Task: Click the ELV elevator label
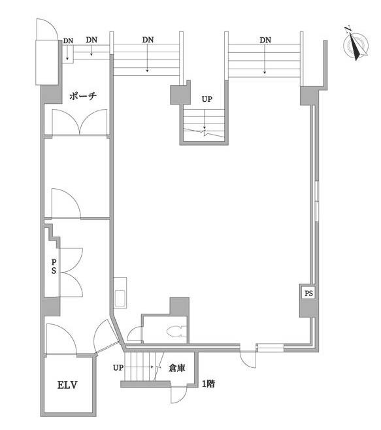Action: tap(67, 385)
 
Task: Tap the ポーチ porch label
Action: tap(83, 96)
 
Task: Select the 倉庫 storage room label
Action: tap(177, 368)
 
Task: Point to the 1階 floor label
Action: tap(208, 384)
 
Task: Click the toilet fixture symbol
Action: tap(176, 331)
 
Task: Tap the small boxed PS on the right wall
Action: tap(308, 293)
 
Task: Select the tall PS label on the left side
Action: tap(54, 266)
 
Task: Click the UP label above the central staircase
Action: tap(207, 99)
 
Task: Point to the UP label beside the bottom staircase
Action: tap(118, 367)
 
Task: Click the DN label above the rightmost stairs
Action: tap(265, 40)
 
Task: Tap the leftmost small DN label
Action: tap(68, 41)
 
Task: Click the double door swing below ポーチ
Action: tap(79, 122)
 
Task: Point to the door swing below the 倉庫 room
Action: tap(178, 394)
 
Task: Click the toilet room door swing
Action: tap(135, 335)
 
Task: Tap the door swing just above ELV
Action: tap(61, 339)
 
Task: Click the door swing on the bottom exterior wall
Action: tap(248, 359)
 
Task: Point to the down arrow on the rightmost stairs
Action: tap(265, 59)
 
